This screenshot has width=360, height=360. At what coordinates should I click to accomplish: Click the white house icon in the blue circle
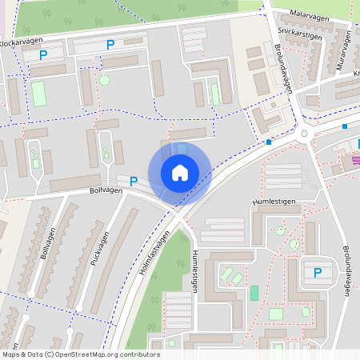click(180, 172)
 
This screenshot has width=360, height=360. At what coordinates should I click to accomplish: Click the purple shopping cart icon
click(355, 161)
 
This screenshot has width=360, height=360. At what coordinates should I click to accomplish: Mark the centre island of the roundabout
click(305, 134)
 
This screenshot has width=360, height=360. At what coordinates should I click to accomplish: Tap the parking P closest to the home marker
click(134, 182)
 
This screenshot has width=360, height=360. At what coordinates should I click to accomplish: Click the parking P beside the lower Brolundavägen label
click(318, 272)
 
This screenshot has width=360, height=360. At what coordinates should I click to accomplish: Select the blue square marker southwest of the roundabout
click(269, 142)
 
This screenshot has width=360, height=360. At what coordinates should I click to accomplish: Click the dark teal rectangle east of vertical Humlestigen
click(254, 293)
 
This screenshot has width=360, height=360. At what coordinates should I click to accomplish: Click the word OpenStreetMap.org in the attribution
click(85, 354)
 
